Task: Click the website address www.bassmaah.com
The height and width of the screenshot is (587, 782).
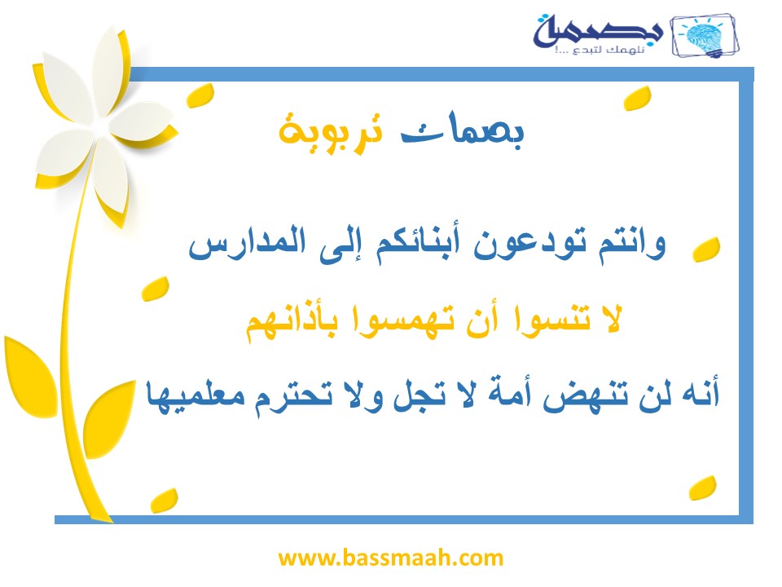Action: [390, 558]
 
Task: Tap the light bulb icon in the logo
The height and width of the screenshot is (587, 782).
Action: [705, 37]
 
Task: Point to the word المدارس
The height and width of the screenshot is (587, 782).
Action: [247, 243]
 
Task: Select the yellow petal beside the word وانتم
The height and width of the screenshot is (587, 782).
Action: [706, 249]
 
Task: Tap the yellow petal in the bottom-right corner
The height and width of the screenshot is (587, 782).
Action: [703, 488]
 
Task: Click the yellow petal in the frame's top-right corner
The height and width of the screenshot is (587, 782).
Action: [638, 99]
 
